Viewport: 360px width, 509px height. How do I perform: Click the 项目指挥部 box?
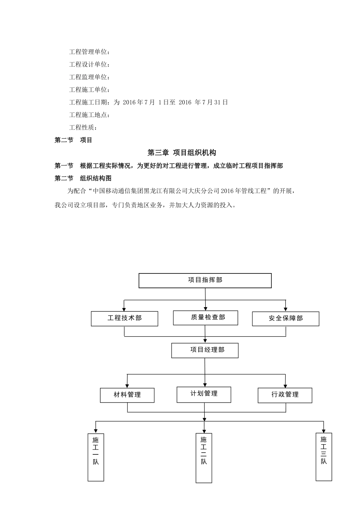click(x=205, y=280)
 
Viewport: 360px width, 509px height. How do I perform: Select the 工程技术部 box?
click(x=124, y=319)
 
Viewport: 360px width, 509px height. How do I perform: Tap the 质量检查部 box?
click(x=205, y=318)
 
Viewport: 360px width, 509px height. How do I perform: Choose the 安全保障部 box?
click(x=285, y=319)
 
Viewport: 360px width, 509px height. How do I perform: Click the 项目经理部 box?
click(x=205, y=350)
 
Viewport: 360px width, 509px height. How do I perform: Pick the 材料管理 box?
click(x=127, y=395)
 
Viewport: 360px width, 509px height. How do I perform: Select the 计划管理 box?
click(x=203, y=394)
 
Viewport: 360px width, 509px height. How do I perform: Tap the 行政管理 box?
click(x=285, y=395)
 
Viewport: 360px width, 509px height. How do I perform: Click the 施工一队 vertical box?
click(x=95, y=457)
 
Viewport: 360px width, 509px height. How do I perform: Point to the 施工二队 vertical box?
click(x=204, y=457)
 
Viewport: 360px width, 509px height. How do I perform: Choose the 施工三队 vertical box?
click(x=324, y=456)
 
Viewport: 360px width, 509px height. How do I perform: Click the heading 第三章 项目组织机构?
click(x=182, y=153)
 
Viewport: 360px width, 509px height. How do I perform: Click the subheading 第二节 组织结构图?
click(x=83, y=178)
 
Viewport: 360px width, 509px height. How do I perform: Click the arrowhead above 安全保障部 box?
click(x=285, y=309)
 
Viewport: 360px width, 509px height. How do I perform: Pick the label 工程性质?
click(x=83, y=128)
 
